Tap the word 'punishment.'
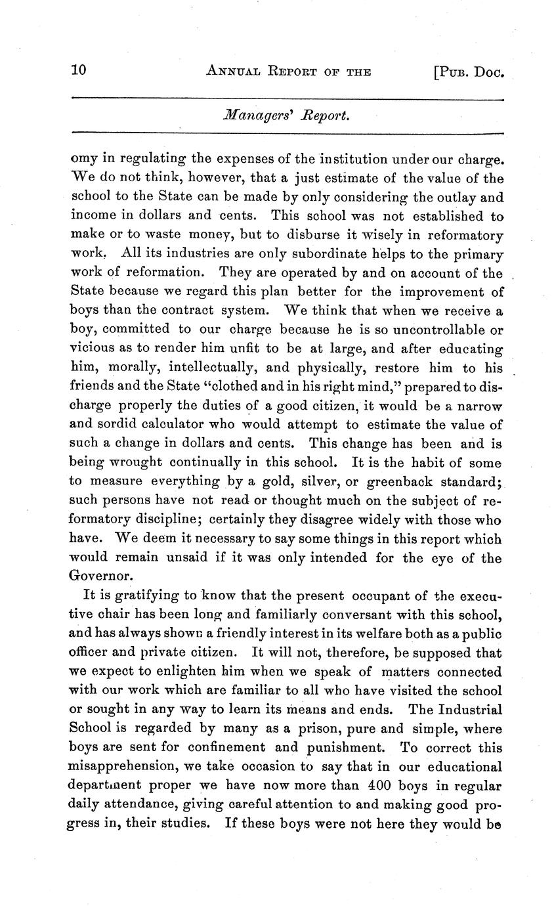(341, 748)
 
